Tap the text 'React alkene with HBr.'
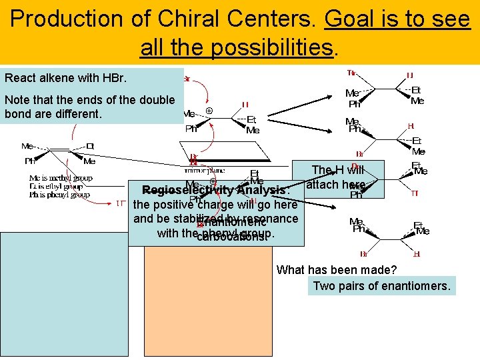tap(65, 78)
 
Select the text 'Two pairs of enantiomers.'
tap(382, 286)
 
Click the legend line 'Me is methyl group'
tap(61, 178)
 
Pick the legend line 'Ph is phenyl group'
tap(61, 195)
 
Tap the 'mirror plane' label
tap(209, 170)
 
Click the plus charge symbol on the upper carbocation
tap(209, 111)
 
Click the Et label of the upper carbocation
tap(252, 119)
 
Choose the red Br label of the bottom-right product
tap(364, 254)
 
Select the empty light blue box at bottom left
tap(64, 293)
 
